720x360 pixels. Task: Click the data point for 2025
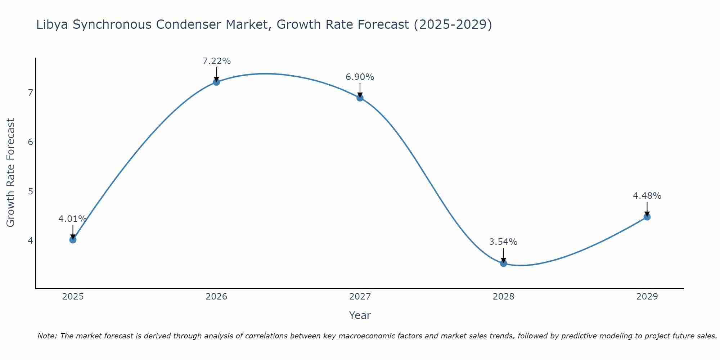click(x=73, y=240)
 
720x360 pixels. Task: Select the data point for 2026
click(x=216, y=82)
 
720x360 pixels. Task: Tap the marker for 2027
click(x=360, y=98)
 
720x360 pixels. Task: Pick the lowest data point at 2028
click(x=504, y=263)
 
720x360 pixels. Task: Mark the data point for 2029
click(x=647, y=217)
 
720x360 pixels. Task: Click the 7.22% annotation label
click(x=216, y=61)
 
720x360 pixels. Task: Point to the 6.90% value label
click(x=360, y=77)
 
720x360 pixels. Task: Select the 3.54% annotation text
click(x=503, y=242)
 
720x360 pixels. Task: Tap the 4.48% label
click(x=647, y=196)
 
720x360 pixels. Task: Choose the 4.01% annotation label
click(x=73, y=219)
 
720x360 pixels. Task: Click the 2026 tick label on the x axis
click(x=216, y=297)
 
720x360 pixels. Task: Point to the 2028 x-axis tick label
click(x=504, y=297)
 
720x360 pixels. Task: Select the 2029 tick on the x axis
click(x=647, y=297)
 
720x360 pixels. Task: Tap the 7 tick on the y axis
click(x=30, y=93)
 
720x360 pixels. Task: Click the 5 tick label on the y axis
click(x=30, y=191)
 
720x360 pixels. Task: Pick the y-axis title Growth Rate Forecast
click(x=11, y=173)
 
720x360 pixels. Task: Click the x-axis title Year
click(x=360, y=315)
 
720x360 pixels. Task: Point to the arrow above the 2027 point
click(x=360, y=90)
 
